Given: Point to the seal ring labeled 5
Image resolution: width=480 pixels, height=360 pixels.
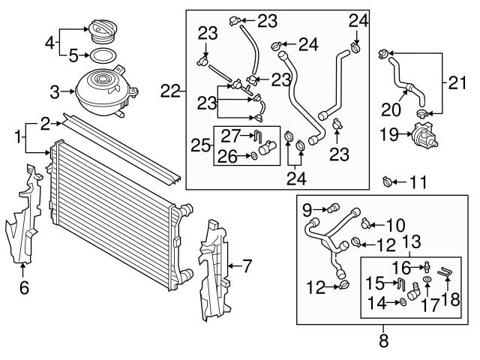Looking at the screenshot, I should click(103, 55).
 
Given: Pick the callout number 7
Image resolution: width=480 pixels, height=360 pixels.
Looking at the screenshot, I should click(247, 264).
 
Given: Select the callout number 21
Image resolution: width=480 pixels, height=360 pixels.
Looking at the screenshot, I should click(457, 80).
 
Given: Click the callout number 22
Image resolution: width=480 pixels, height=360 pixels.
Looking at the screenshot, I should click(172, 91).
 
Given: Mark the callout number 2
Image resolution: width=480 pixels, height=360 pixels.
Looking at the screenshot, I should click(46, 121).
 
